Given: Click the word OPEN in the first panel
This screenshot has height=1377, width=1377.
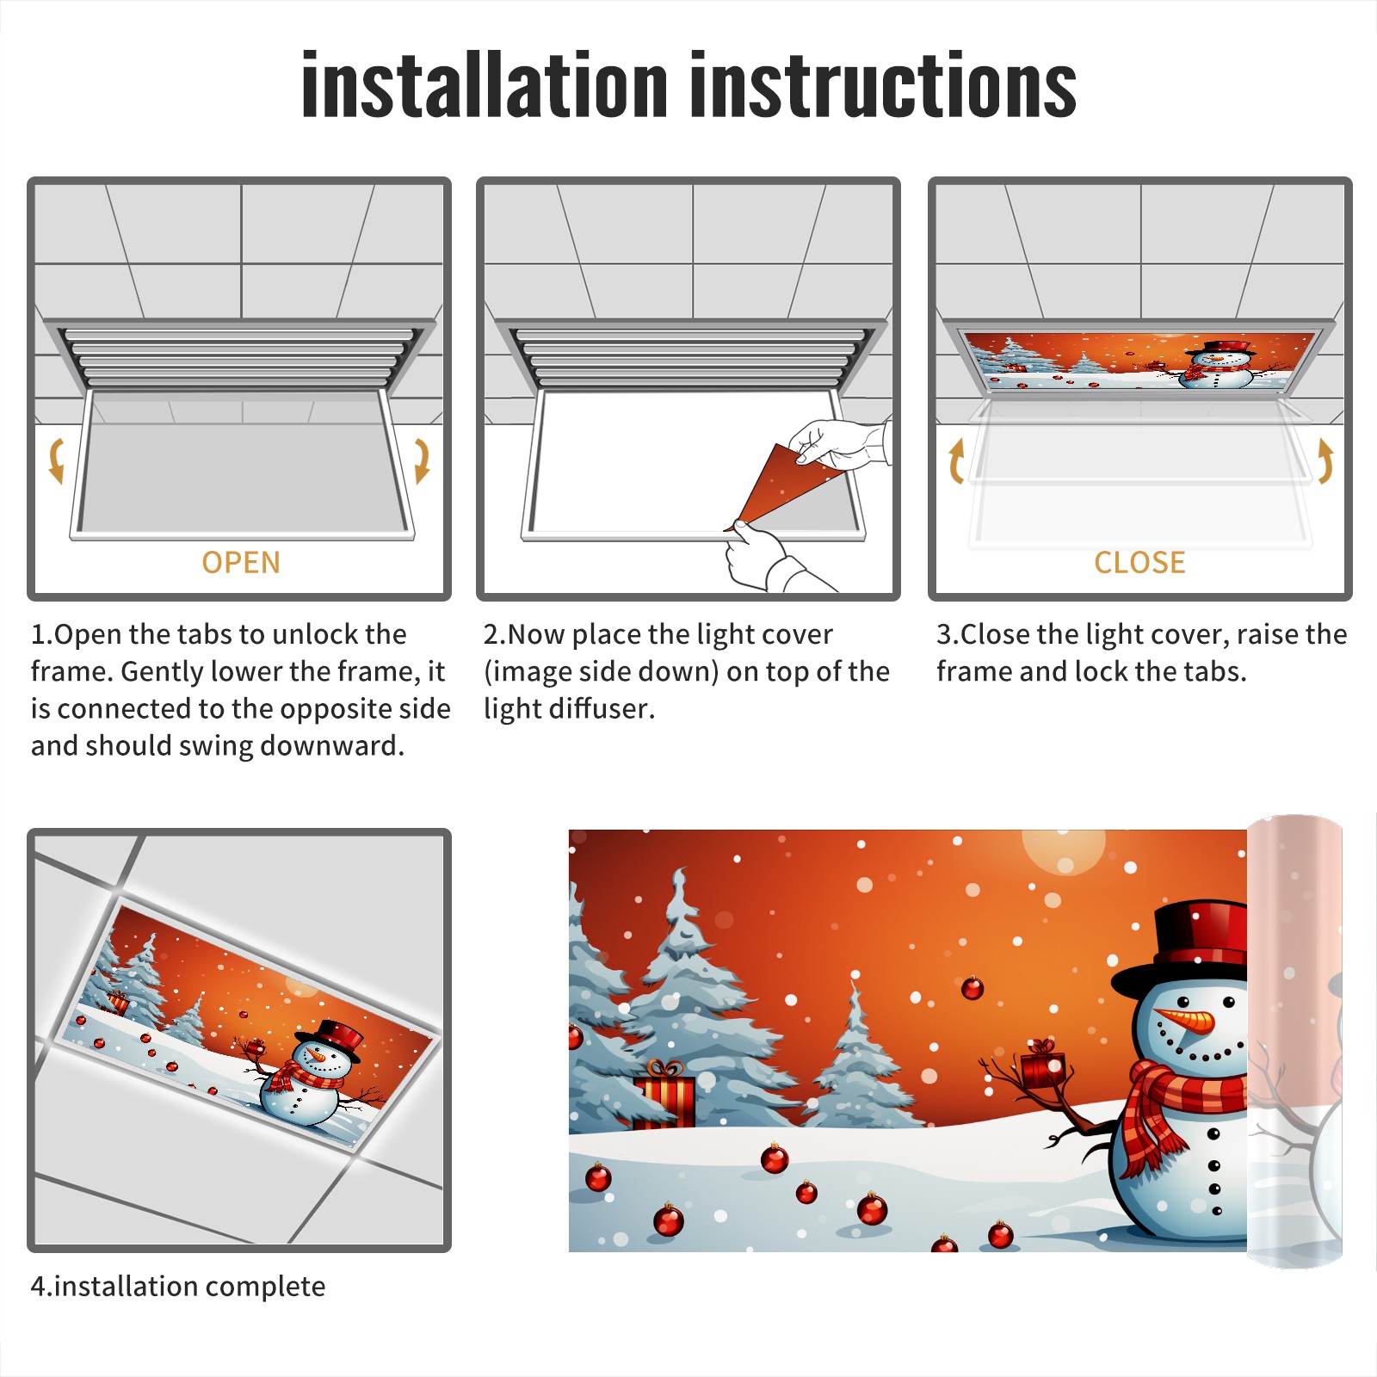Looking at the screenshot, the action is (x=241, y=563).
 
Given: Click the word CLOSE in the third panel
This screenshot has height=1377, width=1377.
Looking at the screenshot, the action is (x=1139, y=563).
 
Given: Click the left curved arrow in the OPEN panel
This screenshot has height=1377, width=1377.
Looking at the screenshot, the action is (x=56, y=460).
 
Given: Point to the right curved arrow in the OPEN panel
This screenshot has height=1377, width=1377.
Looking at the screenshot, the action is (x=422, y=460).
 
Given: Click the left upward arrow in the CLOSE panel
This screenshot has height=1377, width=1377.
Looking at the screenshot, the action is (x=955, y=460).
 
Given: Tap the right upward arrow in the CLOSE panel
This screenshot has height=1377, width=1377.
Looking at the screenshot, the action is (x=1325, y=460).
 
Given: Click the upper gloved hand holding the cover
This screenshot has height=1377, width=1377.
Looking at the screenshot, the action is (x=839, y=443).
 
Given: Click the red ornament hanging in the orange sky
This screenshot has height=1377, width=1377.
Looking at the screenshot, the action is (x=973, y=988).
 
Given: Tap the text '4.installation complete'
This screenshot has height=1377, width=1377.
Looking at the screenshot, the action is (x=178, y=1286).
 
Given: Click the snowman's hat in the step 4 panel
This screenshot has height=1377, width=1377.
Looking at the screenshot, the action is (x=331, y=1037).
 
